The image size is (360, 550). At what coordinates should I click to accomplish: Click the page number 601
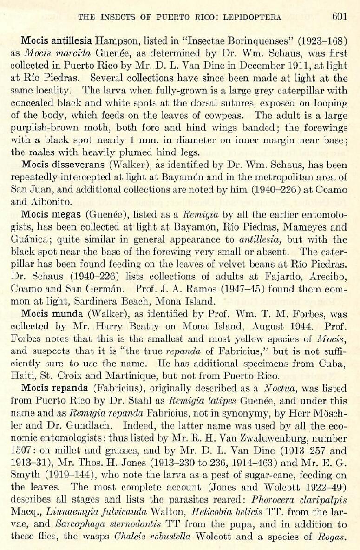[340, 17]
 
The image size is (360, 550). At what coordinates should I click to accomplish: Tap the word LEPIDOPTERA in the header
[253, 18]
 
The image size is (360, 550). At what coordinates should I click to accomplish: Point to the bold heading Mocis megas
[45, 216]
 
